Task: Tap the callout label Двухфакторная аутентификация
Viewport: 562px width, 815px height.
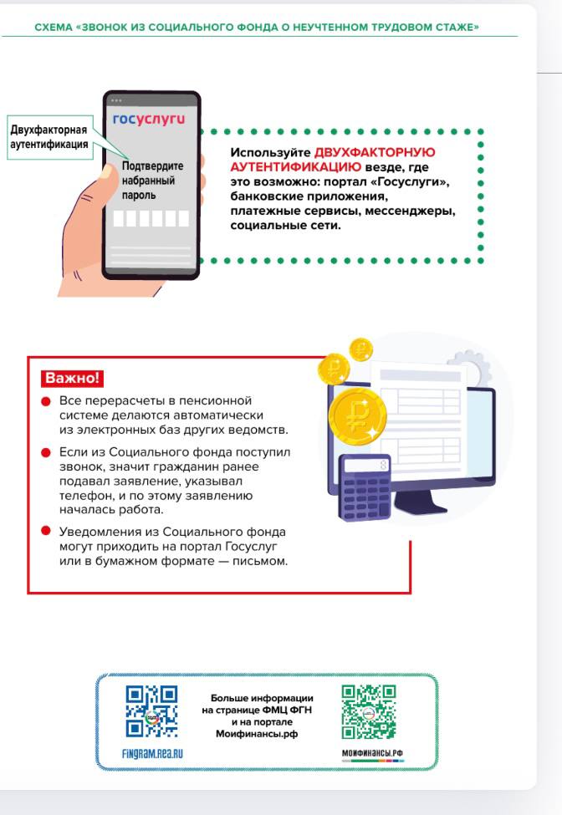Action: (49, 137)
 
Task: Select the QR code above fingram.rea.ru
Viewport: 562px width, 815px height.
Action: (151, 711)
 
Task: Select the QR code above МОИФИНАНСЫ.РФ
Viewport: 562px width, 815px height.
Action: (369, 711)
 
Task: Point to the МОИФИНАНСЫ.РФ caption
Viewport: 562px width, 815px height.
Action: (372, 753)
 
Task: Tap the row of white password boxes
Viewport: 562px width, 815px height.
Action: (151, 219)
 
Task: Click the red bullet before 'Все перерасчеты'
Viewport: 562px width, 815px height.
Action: (46, 402)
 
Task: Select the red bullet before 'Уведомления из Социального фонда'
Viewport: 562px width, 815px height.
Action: (46, 531)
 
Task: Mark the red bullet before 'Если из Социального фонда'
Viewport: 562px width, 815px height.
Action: (46, 453)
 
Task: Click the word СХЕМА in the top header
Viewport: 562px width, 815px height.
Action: (53, 28)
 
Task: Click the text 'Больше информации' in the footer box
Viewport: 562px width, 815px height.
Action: (262, 698)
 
